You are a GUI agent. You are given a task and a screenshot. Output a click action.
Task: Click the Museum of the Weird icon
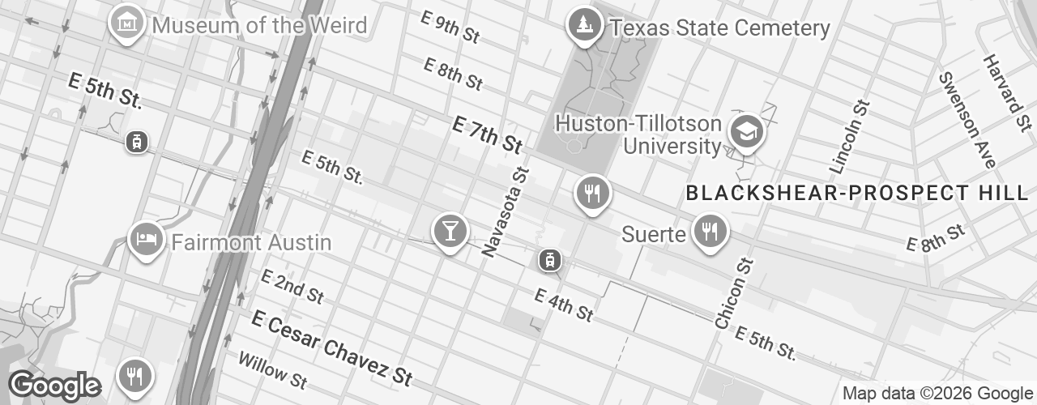tap(127, 23)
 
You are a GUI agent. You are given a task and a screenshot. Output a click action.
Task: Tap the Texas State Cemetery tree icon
tap(583, 25)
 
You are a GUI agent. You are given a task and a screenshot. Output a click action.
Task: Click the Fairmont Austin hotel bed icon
tap(146, 240)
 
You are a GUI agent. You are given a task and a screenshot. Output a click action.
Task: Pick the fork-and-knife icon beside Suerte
tap(711, 232)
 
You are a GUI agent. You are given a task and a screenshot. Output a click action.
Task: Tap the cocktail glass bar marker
tap(449, 231)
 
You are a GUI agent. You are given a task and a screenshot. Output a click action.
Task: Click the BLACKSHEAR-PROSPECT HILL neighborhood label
tap(856, 194)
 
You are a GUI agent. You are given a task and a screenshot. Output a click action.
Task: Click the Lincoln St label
tap(850, 137)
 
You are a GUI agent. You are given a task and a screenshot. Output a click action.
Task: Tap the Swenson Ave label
tap(967, 120)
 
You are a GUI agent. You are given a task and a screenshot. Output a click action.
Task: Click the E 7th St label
tap(486, 134)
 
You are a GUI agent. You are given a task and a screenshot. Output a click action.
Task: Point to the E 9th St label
tap(451, 27)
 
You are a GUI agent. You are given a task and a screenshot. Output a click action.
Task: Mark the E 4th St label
tap(564, 305)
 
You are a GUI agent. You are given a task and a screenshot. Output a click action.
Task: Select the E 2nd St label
tap(292, 286)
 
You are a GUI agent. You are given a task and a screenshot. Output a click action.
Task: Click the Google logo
tap(55, 386)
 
